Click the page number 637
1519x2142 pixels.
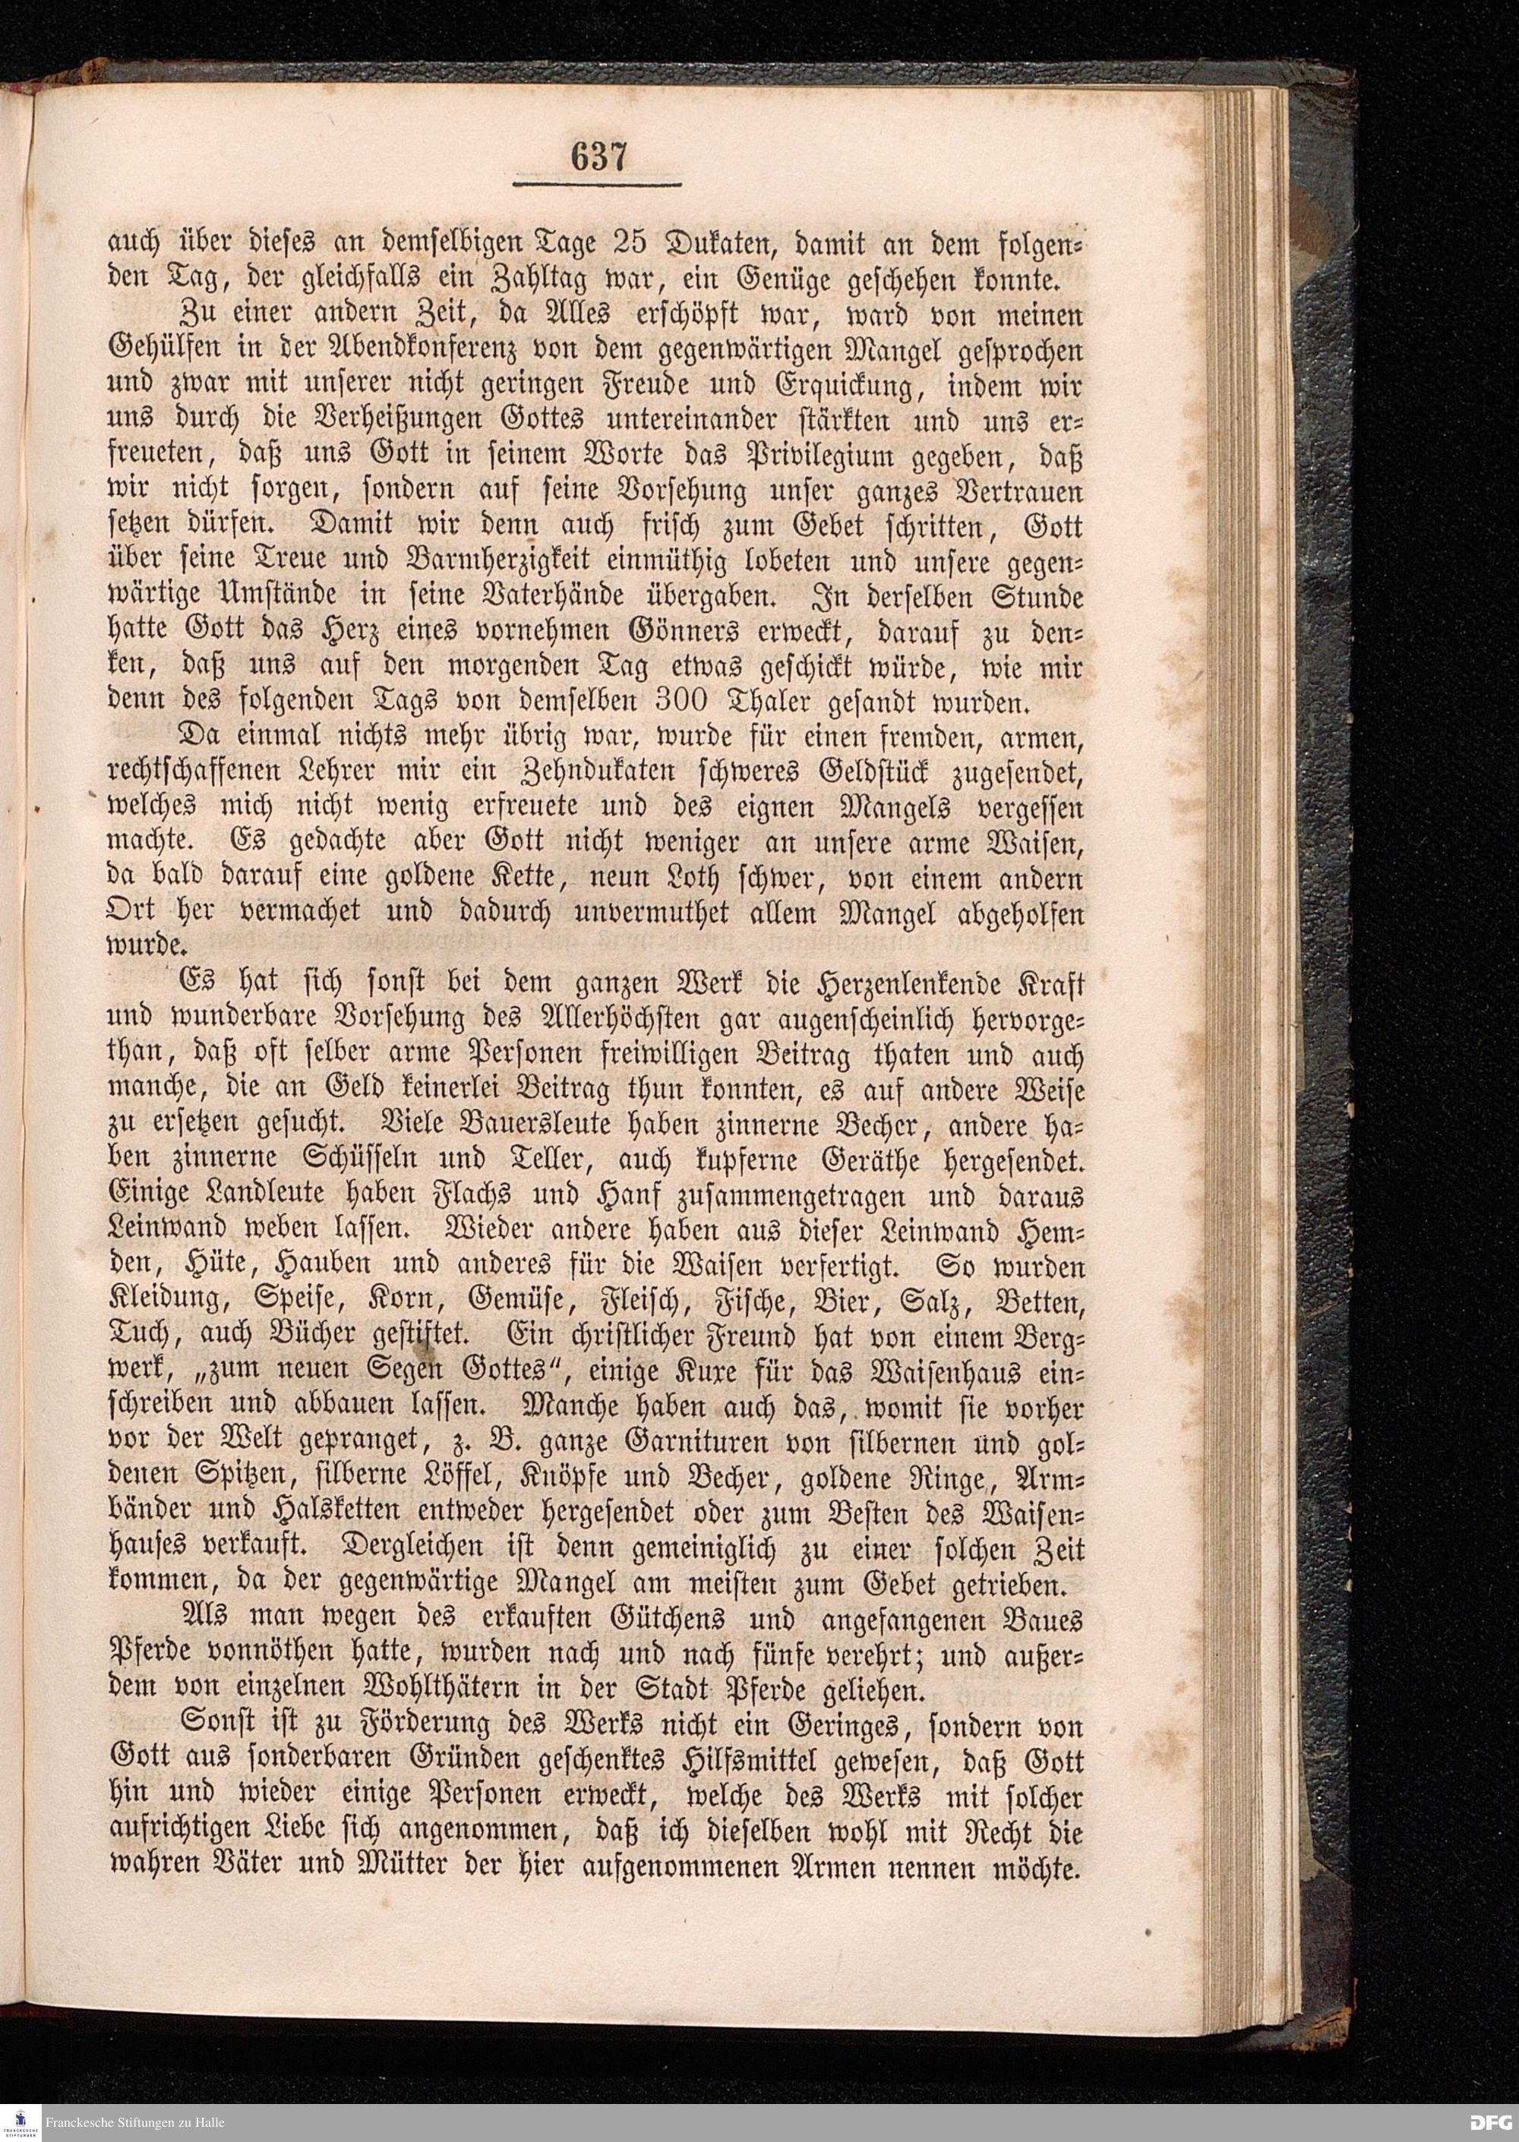pos(598,157)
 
